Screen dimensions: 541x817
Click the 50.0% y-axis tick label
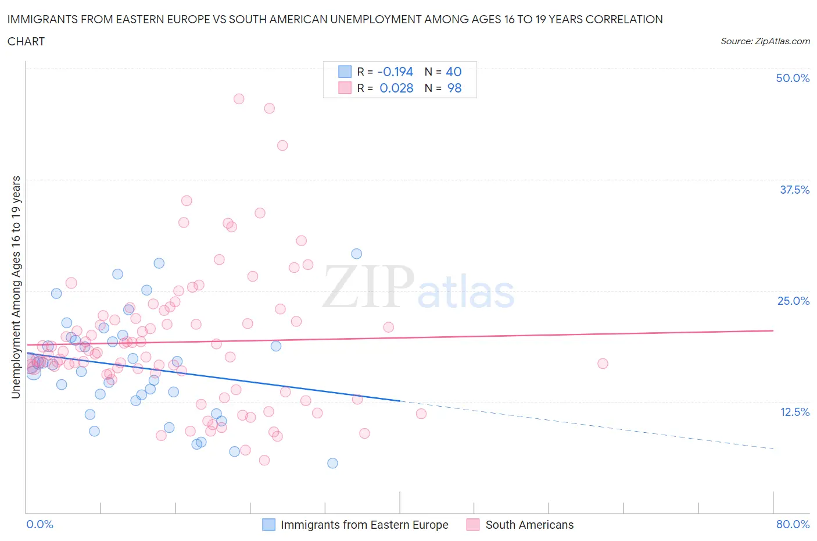tap(793, 78)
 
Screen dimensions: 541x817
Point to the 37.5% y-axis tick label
tap(794, 190)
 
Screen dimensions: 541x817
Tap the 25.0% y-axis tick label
tap(793, 301)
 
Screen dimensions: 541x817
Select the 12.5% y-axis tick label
tap(794, 412)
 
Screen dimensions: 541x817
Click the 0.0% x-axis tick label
tap(40, 524)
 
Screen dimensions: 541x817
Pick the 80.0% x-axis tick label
tap(793, 524)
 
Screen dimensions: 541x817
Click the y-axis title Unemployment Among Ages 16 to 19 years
tap(16, 287)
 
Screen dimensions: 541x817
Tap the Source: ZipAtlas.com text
tap(765, 41)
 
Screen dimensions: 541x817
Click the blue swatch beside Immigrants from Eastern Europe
tap(268, 525)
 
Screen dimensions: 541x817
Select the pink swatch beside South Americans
tap(473, 525)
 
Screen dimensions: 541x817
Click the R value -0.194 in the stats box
tap(395, 72)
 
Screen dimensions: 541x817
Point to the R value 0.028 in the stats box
tap(396, 88)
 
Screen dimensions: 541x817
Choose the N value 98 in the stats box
tap(454, 88)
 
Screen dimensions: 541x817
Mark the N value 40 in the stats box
tap(453, 72)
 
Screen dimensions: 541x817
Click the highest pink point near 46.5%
tap(239, 99)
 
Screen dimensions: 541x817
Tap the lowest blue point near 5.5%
tap(332, 463)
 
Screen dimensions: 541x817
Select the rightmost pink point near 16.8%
tap(603, 364)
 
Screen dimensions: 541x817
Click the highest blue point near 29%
tap(356, 254)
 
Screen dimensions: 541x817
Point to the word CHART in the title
tap(26, 41)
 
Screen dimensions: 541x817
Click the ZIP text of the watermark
tap(367, 287)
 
